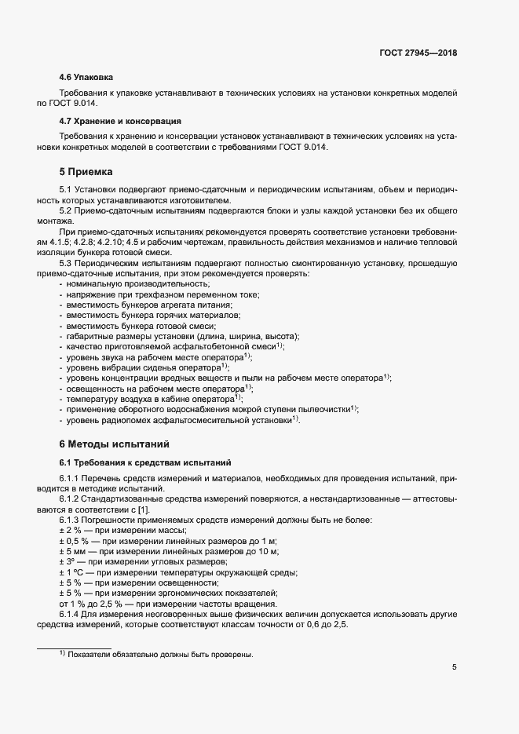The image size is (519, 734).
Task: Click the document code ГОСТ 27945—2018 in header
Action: coord(417,53)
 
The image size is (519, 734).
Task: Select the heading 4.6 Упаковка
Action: coord(86,78)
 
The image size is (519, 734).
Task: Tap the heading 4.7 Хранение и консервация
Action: coord(120,122)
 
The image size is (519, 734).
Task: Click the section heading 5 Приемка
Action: coord(86,171)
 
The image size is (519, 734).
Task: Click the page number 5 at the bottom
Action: coord(455,667)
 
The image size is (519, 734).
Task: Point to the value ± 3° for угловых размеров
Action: coord(69,562)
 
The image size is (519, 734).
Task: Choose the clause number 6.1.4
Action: coord(71,614)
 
